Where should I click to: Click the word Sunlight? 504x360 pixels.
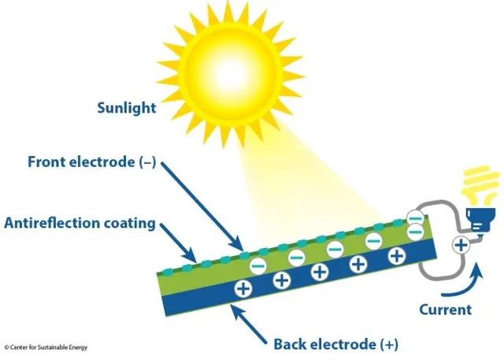(127, 108)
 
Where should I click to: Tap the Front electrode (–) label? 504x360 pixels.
(91, 161)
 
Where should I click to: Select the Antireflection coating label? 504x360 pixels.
(80, 223)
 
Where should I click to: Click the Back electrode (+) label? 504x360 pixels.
(336, 344)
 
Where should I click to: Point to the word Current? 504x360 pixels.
(446, 310)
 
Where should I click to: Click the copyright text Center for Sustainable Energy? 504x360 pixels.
(46, 347)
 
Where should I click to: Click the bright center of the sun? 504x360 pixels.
(230, 73)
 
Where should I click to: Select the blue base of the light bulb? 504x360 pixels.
(480, 220)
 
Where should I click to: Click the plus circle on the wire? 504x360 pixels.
(461, 246)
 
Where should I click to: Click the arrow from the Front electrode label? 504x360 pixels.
(202, 206)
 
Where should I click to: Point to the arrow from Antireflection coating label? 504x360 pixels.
(178, 243)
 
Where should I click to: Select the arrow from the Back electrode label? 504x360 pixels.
(249, 324)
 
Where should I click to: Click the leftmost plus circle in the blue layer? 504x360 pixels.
(243, 288)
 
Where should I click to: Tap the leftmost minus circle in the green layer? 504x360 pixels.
(258, 265)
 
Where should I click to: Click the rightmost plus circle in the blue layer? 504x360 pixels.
(397, 256)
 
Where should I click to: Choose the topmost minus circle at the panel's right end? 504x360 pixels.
(415, 218)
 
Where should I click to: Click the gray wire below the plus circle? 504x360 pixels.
(440, 269)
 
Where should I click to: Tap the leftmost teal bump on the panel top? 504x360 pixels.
(167, 272)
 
